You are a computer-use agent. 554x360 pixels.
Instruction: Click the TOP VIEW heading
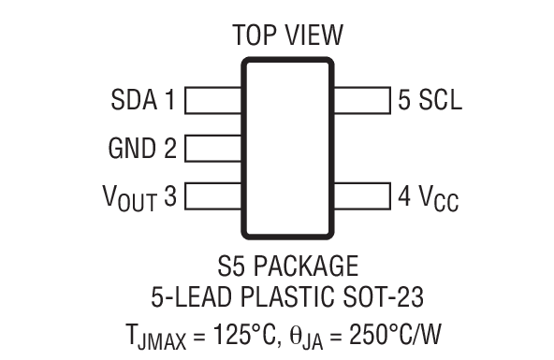pos(287,36)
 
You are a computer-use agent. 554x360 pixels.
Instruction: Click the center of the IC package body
pos(287,148)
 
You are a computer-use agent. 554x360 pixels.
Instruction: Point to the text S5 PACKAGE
pos(287,265)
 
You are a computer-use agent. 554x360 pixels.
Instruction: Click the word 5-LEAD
pos(193,298)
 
